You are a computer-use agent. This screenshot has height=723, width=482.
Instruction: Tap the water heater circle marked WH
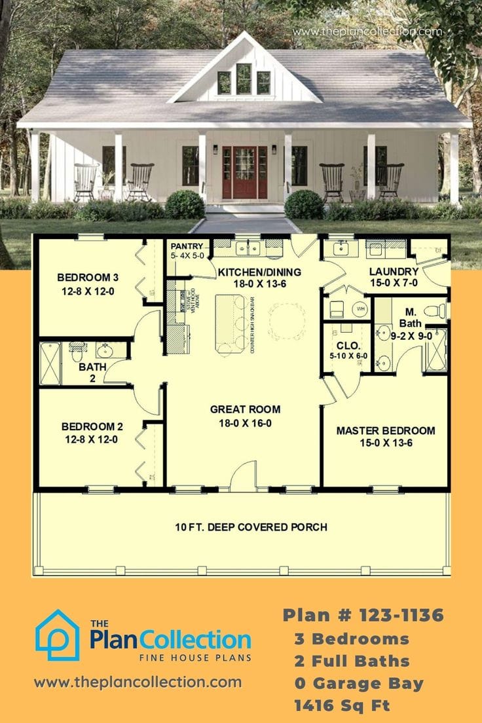click(360, 308)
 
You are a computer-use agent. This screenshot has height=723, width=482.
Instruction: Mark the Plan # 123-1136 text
click(363, 615)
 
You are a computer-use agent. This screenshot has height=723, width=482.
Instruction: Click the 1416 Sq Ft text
click(343, 705)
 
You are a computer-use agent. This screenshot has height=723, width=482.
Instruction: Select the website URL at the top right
click(367, 31)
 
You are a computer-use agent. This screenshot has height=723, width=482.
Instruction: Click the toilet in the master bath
click(434, 311)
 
